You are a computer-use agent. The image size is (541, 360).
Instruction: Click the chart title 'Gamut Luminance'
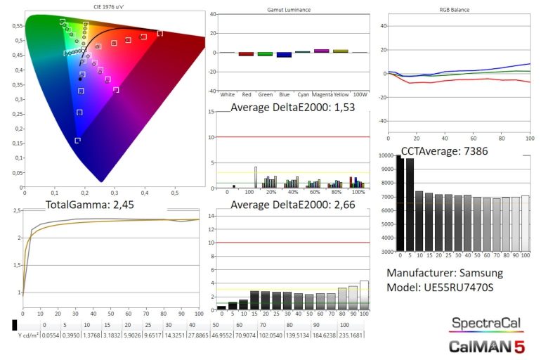coord(289,11)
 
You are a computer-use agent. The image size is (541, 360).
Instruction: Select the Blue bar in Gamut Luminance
coord(283,54)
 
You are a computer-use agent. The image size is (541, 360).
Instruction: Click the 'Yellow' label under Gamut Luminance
coord(340,94)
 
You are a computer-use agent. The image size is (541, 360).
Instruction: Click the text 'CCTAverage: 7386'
coord(444,150)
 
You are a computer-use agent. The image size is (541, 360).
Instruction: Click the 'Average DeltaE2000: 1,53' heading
coord(289,107)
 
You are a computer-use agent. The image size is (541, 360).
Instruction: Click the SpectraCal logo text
coord(486,323)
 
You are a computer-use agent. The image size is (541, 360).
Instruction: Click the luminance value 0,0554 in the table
coord(44,336)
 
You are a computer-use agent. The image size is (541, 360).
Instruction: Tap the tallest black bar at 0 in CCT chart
coord(399,204)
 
